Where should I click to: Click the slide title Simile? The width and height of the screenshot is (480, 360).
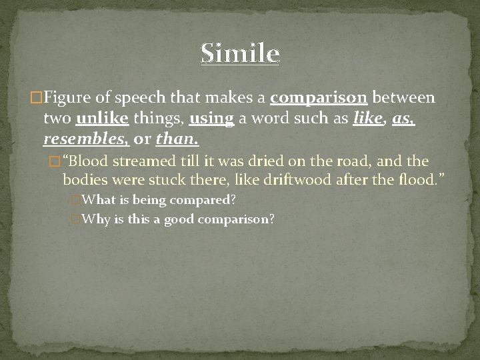coord(240,53)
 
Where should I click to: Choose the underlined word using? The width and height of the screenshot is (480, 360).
coord(211,120)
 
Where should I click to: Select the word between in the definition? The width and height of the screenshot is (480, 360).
coord(403,99)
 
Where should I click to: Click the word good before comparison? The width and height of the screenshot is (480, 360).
coord(179,219)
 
